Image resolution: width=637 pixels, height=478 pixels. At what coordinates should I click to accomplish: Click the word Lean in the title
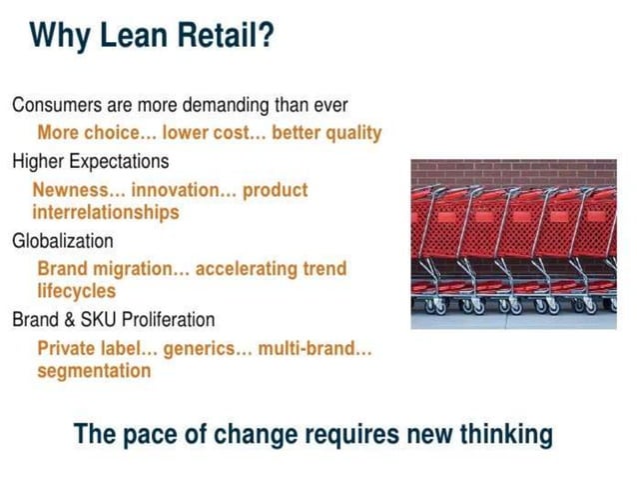click(133, 37)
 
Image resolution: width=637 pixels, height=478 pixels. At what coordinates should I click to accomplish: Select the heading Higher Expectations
click(90, 160)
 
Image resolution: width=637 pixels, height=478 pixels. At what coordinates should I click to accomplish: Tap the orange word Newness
click(73, 188)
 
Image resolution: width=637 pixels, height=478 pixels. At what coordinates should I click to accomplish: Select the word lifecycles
click(76, 291)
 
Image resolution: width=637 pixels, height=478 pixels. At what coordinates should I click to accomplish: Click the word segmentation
click(94, 371)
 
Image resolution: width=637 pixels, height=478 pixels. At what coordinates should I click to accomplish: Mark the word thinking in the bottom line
click(500, 435)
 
